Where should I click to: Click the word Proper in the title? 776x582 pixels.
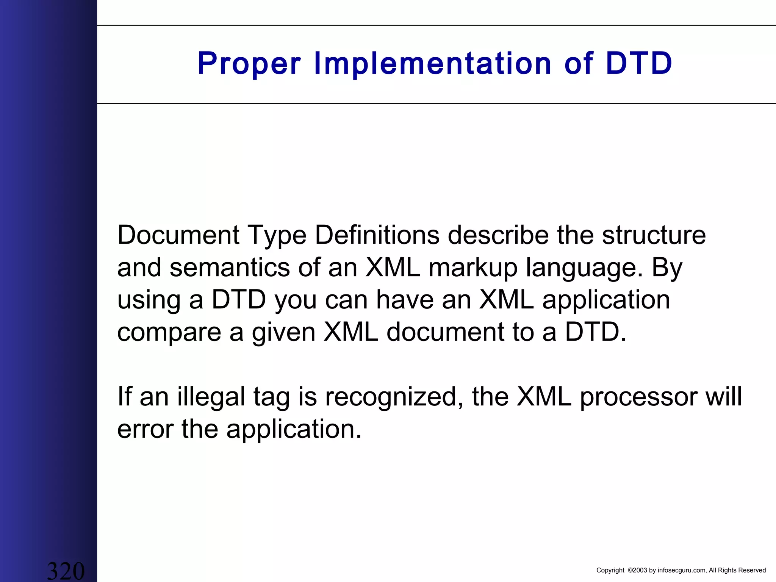point(249,64)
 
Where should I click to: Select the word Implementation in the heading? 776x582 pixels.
point(432,64)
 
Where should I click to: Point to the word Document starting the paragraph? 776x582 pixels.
point(178,235)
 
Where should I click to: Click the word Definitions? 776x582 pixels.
point(377,235)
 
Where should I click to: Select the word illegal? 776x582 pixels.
point(211,397)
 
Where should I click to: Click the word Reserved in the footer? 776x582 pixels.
point(752,570)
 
